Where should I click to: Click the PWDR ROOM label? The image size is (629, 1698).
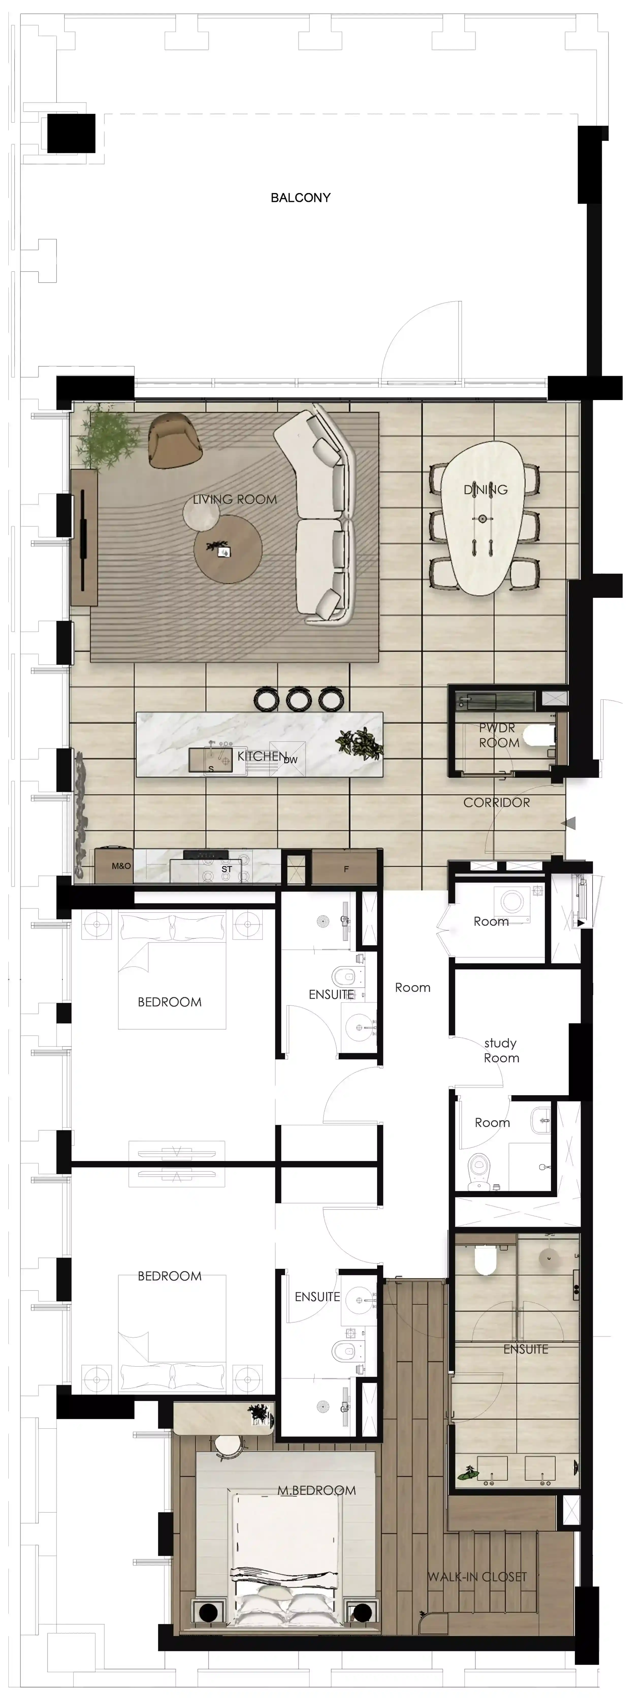498,735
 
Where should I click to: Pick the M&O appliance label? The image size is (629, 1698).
121,866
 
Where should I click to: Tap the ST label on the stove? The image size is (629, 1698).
226,869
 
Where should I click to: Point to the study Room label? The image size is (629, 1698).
501,1050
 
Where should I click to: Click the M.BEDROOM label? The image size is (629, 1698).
316,1490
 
